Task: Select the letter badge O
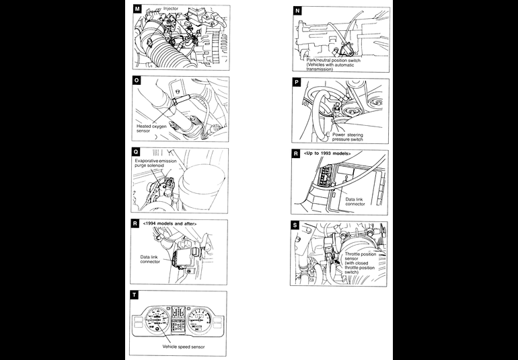coord(137,81)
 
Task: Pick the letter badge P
coord(297,82)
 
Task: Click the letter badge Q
coord(137,152)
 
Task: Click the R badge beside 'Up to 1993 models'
coord(297,154)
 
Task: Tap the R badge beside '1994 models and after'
coord(137,223)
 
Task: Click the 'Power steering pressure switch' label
coord(347,137)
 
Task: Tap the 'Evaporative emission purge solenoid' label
coord(158,162)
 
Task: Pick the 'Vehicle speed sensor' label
coord(184,347)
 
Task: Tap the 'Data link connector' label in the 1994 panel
coord(150,259)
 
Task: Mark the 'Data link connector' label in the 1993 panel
coord(355,201)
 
